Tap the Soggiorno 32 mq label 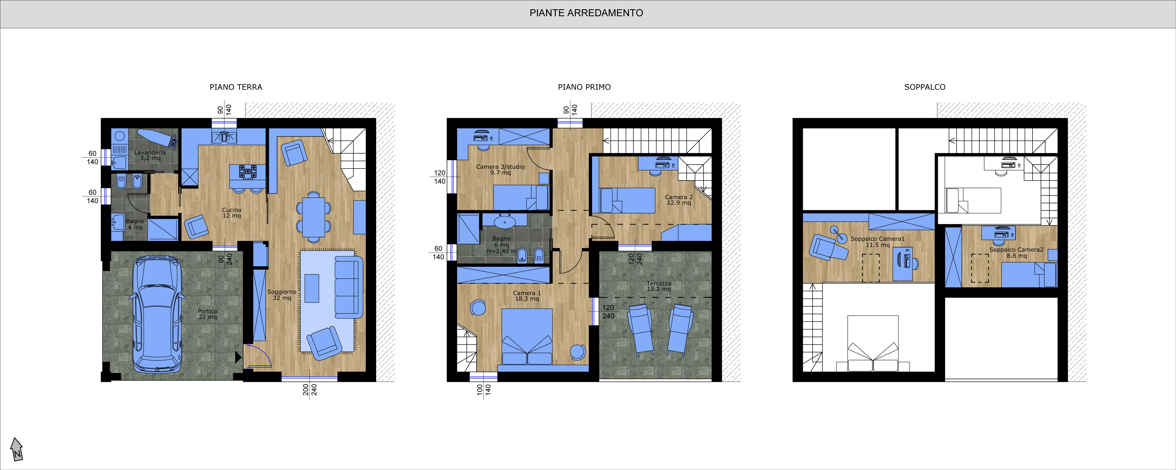point(282,295)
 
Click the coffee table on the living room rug point(312,288)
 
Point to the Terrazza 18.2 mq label point(659,286)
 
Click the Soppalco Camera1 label point(877,242)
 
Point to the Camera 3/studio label point(500,169)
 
